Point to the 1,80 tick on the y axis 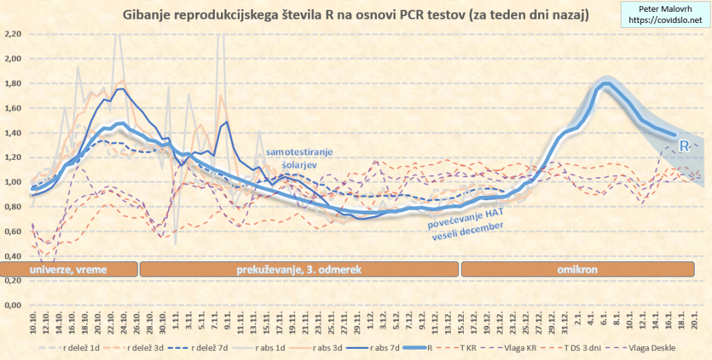click(x=14, y=83)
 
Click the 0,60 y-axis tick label click(x=14, y=231)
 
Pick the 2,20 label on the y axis click(x=14, y=34)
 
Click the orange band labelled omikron click(x=576, y=269)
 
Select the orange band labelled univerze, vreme click(x=67, y=269)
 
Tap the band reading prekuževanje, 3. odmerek click(x=299, y=269)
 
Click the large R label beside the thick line click(x=684, y=147)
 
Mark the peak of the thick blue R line click(x=606, y=85)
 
